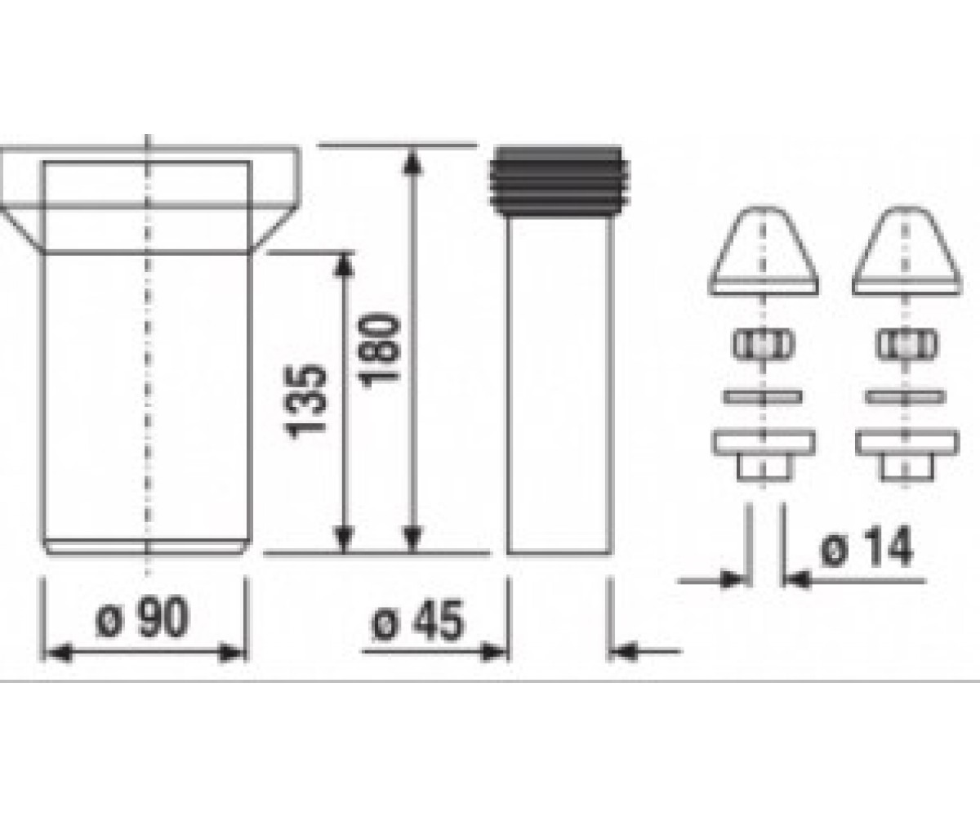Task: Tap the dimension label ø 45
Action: pyautogui.click(x=417, y=622)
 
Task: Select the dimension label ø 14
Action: pyautogui.click(x=866, y=546)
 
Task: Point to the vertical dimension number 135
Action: pyautogui.click(x=305, y=401)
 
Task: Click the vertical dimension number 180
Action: pyautogui.click(x=379, y=351)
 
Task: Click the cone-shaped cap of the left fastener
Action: pyautogui.click(x=764, y=251)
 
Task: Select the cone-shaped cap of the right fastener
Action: pyautogui.click(x=906, y=251)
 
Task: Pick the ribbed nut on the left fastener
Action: pyautogui.click(x=764, y=345)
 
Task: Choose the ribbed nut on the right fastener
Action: pyautogui.click(x=906, y=345)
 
